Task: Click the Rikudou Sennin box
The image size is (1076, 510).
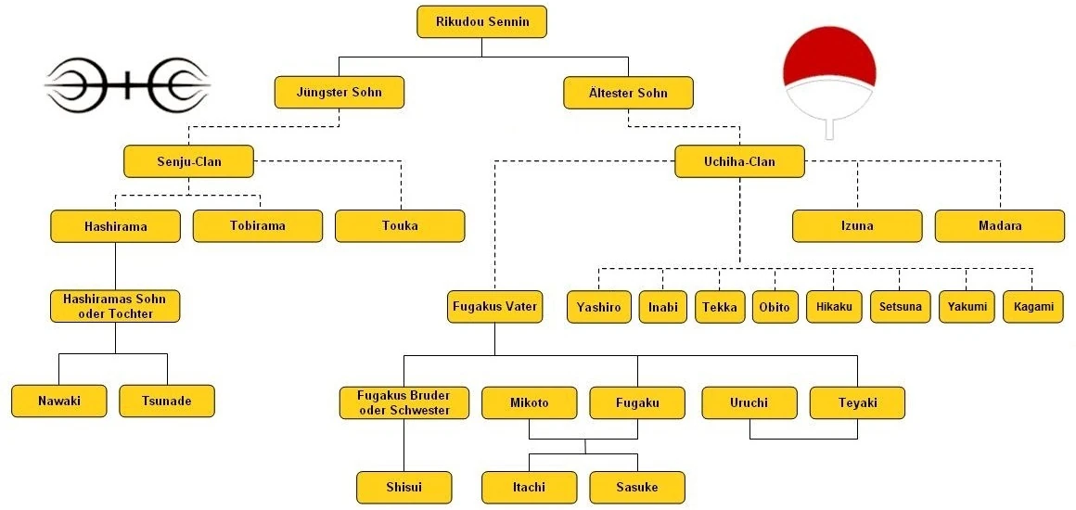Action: click(482, 21)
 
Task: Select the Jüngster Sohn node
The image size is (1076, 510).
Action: click(340, 92)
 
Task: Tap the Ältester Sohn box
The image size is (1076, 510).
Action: click(628, 92)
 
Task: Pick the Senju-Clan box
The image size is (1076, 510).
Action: click(188, 161)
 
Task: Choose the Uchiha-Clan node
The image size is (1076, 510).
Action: click(739, 161)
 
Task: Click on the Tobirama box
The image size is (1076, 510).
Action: click(258, 225)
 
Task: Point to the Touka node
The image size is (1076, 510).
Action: click(400, 225)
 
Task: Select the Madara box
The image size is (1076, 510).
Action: click(999, 225)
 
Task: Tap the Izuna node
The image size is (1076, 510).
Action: click(857, 225)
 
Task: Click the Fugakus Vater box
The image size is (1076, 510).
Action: click(494, 306)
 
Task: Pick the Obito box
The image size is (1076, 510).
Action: click(774, 307)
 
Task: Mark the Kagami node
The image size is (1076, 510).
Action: click(1032, 307)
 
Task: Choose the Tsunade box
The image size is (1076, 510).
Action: click(167, 401)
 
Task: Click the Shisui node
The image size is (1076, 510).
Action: click(403, 487)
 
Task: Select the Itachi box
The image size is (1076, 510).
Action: click(528, 487)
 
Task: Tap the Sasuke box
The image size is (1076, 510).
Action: click(637, 487)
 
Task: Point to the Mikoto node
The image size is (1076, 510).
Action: click(529, 402)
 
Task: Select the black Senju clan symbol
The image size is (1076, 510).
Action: click(127, 86)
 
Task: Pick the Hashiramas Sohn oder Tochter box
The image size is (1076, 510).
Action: click(115, 306)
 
